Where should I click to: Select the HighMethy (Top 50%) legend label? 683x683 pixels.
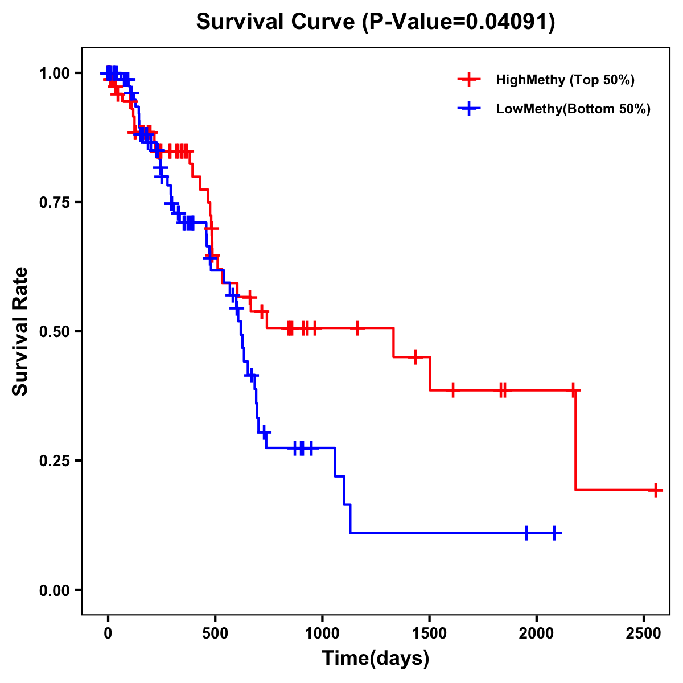click(x=565, y=80)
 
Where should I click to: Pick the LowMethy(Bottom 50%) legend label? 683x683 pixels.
click(x=573, y=109)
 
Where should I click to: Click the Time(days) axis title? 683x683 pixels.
click(x=376, y=659)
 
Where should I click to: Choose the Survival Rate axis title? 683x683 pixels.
click(x=20, y=331)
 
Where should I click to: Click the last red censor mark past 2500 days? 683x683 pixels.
click(x=656, y=489)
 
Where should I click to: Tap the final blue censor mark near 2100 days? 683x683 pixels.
click(x=554, y=533)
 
